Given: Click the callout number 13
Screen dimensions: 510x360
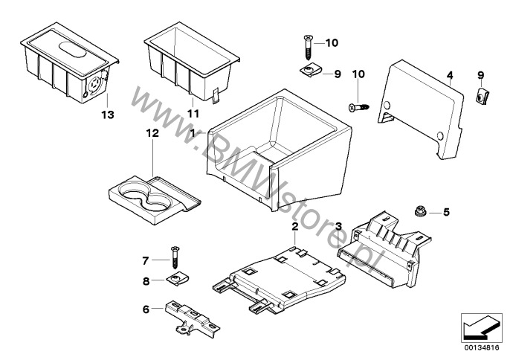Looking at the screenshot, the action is pyautogui.click(x=108, y=115).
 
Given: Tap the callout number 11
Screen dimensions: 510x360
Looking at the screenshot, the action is pyautogui.click(x=193, y=114).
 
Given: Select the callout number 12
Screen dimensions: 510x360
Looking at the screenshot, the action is pyautogui.click(x=152, y=133).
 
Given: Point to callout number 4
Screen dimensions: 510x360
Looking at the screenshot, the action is pyautogui.click(x=450, y=76).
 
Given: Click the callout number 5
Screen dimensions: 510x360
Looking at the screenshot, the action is pyautogui.click(x=446, y=212).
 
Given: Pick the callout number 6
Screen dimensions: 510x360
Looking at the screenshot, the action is pyautogui.click(x=146, y=309).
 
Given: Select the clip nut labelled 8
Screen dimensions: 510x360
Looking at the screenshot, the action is pyautogui.click(x=178, y=279).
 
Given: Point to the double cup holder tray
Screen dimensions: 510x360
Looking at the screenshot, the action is pyautogui.click(x=154, y=199).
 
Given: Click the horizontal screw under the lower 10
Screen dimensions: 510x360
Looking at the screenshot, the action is pyautogui.click(x=359, y=107).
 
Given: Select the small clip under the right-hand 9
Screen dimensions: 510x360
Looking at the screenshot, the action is pyautogui.click(x=482, y=96).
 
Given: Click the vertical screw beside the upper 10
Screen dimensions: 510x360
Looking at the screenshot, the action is pyautogui.click(x=309, y=48).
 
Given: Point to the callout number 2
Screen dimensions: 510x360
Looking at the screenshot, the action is pyautogui.click(x=294, y=227).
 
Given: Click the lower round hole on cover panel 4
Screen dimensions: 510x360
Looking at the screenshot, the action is pyautogui.click(x=440, y=135).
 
